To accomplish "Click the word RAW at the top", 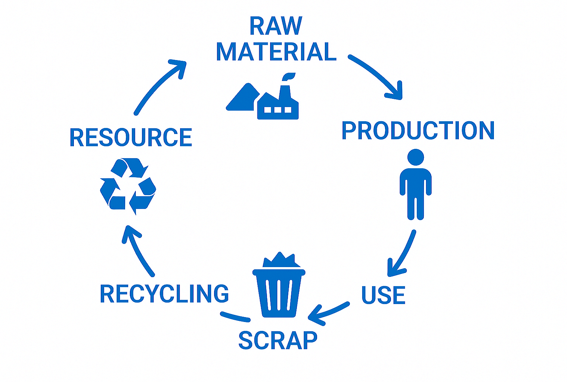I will click(x=276, y=26).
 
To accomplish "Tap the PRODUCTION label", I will click(x=418, y=131).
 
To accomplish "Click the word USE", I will click(x=383, y=295).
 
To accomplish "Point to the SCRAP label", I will click(x=278, y=340).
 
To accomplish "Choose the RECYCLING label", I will click(x=164, y=294).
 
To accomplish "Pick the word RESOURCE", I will click(x=131, y=137).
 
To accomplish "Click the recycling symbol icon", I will click(x=128, y=186).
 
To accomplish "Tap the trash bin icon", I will click(x=279, y=293).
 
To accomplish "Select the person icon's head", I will click(x=416, y=157).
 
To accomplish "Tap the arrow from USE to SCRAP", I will click(x=328, y=312).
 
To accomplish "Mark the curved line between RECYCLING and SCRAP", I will click(x=235, y=317).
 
